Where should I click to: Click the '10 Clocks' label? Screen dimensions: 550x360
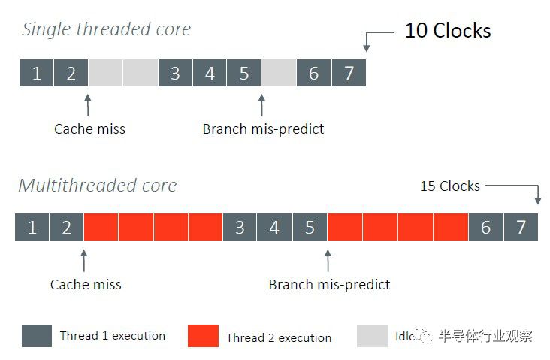[448, 30]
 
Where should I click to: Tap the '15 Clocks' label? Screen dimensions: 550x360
[450, 186]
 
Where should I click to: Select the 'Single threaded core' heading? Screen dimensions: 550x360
[106, 29]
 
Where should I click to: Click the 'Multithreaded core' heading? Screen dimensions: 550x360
[98, 185]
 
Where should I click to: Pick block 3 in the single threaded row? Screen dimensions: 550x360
[175, 73]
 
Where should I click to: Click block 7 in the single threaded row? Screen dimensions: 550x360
[349, 73]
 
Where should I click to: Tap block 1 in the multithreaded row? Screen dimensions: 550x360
[32, 227]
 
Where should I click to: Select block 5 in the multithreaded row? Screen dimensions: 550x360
[310, 227]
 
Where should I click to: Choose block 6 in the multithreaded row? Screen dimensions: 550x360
[486, 227]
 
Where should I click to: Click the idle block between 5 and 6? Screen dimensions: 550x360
[279, 73]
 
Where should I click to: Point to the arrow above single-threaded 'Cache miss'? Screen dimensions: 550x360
[88, 105]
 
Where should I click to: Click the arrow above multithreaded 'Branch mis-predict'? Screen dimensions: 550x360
[328, 260]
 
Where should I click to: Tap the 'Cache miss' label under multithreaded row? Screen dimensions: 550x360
[86, 284]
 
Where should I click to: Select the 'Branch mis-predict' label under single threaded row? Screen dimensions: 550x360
[263, 129]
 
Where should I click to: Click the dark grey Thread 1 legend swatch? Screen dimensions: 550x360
[37, 336]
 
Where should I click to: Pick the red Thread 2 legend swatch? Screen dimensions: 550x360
[203, 336]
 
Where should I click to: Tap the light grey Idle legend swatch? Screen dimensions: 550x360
[372, 336]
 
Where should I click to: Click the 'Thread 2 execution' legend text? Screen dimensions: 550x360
[279, 338]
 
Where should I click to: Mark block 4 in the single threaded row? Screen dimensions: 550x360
[210, 73]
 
